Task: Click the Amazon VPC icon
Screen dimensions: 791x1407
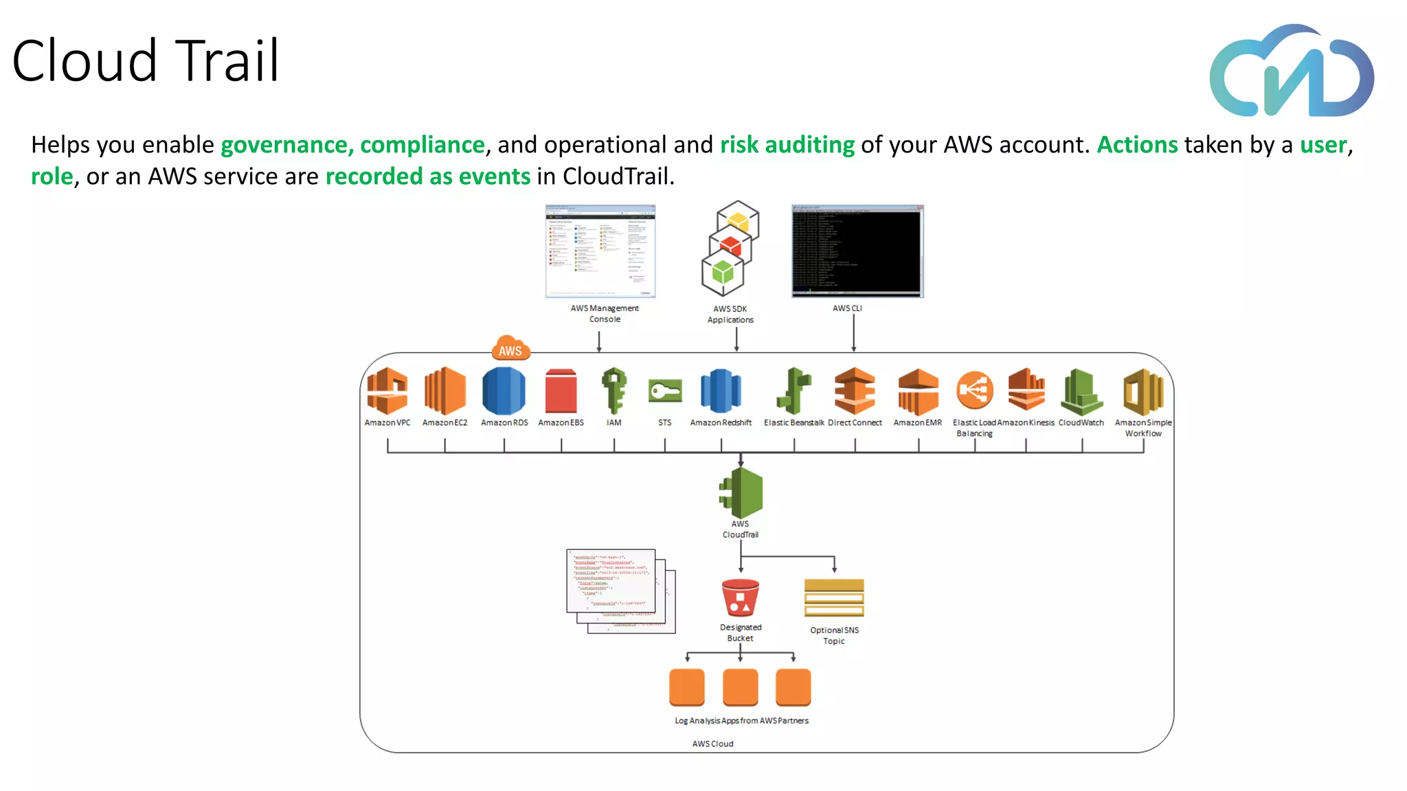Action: (387, 391)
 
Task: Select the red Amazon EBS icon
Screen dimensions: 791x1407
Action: (561, 391)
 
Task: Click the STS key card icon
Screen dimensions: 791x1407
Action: (665, 391)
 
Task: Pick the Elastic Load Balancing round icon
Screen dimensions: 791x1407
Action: (974, 390)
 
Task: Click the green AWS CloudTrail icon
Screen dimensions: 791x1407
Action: (741, 493)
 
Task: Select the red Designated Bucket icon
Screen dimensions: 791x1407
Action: (740, 598)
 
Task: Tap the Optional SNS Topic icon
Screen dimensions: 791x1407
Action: (834, 598)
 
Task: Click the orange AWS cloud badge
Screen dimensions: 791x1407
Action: (510, 349)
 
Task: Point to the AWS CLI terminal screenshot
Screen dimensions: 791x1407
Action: (857, 251)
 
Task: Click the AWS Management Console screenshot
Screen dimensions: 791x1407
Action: (600, 251)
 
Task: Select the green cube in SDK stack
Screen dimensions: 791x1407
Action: (723, 273)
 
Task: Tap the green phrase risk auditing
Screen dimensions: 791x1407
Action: (787, 145)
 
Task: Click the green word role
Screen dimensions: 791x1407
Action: (52, 176)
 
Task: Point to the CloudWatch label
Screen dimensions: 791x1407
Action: (1081, 423)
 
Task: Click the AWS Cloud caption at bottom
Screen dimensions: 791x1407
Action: (712, 744)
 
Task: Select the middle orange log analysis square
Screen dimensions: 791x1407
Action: (740, 687)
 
